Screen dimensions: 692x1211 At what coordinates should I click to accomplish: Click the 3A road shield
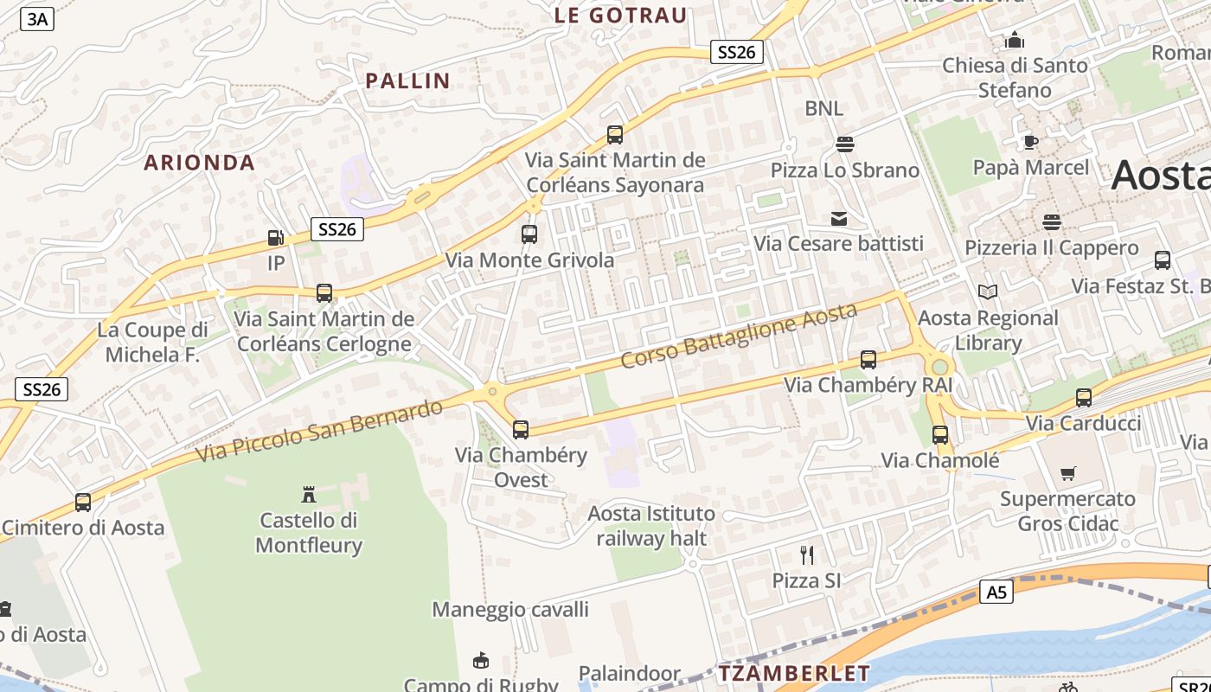[37, 19]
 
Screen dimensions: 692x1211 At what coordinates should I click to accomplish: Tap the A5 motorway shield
[997, 592]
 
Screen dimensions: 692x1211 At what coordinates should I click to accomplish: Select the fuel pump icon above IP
[275, 237]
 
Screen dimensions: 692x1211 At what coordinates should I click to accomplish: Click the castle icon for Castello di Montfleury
[308, 495]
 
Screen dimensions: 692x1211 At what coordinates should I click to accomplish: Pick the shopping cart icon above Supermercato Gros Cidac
[1068, 473]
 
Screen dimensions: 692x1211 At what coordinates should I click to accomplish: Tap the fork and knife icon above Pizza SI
[807, 554]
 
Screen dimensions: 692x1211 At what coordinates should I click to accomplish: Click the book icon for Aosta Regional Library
[988, 292]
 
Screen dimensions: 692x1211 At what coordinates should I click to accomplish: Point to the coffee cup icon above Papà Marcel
[1030, 142]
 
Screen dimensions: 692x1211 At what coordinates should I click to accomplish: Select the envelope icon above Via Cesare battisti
[839, 219]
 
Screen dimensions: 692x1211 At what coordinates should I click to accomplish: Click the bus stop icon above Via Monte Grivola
[529, 234]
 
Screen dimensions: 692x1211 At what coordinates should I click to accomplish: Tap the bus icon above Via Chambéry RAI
[868, 360]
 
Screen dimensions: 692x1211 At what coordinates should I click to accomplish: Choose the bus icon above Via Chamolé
[940, 435]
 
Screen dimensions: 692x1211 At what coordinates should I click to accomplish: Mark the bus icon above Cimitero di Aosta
[83, 502]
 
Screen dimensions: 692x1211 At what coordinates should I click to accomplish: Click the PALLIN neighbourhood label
[407, 81]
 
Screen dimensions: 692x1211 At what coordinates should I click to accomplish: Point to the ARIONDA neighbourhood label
[200, 163]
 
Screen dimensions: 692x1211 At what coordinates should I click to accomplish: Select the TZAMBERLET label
[794, 673]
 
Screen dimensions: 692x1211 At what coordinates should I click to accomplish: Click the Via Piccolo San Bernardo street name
[319, 429]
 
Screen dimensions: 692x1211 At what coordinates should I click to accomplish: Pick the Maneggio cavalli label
[510, 610]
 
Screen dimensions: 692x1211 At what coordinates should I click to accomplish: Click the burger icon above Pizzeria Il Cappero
[1052, 222]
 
